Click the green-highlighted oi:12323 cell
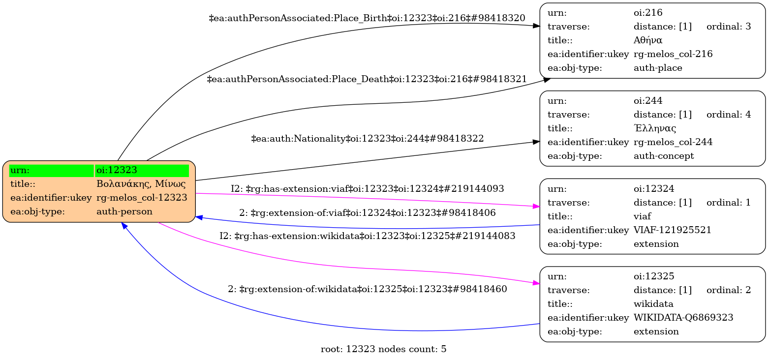click(x=142, y=170)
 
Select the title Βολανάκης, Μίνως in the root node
click(x=141, y=184)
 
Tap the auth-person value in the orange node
click(x=124, y=211)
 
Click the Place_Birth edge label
click(x=367, y=18)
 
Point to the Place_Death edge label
click(x=367, y=79)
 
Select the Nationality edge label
click(x=367, y=139)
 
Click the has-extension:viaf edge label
click(x=367, y=188)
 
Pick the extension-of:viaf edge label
click(x=367, y=213)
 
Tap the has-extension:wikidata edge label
click(x=367, y=236)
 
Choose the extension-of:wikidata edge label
click(x=367, y=289)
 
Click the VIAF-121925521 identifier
click(x=672, y=230)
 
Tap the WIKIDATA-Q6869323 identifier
click(x=683, y=318)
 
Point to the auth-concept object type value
click(x=663, y=156)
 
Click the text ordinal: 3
click(x=728, y=27)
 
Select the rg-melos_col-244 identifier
click(x=673, y=142)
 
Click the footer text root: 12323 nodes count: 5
click(x=383, y=350)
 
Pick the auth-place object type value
click(x=658, y=68)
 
